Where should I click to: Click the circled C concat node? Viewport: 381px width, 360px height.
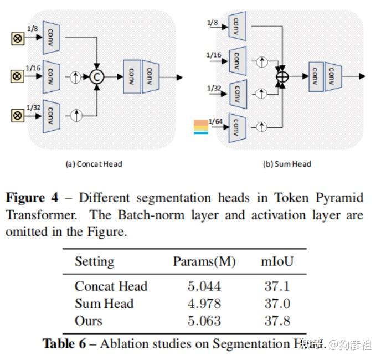pyautogui.click(x=97, y=78)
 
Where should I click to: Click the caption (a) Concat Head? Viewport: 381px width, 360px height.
pyautogui.click(x=94, y=164)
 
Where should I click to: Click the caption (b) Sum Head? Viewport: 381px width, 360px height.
pyautogui.click(x=286, y=164)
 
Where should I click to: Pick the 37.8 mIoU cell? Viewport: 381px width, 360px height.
pyautogui.click(x=277, y=321)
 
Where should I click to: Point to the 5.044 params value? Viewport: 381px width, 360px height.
pyautogui.click(x=204, y=286)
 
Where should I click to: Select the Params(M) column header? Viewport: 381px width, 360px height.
pyautogui.click(x=204, y=261)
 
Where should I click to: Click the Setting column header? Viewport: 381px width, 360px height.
pyautogui.click(x=94, y=261)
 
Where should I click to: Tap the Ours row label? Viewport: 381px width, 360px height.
pyautogui.click(x=89, y=321)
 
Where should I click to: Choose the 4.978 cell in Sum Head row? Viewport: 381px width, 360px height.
pyautogui.click(x=204, y=304)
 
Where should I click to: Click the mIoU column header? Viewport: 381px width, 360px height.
pyautogui.click(x=277, y=261)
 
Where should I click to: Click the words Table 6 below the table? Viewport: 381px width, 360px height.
pyautogui.click(x=64, y=344)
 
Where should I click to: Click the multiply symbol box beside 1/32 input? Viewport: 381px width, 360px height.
pyautogui.click(x=17, y=115)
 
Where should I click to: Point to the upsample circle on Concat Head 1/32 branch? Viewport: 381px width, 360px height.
pyautogui.click(x=76, y=115)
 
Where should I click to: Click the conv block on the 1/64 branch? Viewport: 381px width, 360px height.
pyautogui.click(x=237, y=127)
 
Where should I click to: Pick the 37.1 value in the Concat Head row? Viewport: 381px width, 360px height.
pyautogui.click(x=277, y=286)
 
